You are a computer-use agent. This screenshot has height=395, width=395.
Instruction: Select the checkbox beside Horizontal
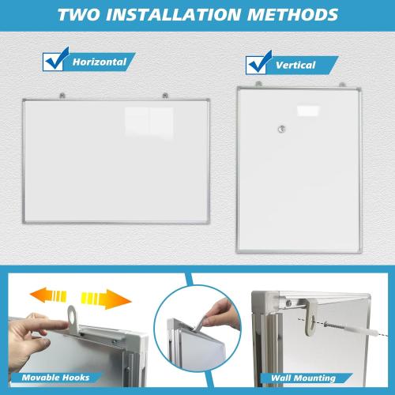54,61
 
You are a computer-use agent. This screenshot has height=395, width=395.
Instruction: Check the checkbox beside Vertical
258,64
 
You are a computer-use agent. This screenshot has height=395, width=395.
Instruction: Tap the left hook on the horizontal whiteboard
64,96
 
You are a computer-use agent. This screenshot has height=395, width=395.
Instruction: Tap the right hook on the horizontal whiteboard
165,96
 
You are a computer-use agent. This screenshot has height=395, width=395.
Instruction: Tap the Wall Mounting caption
303,378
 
